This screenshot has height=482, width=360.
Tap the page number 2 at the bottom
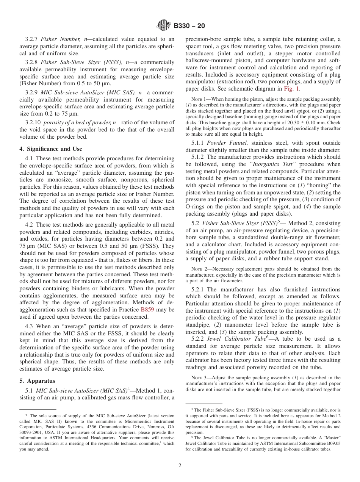click(x=180, y=466)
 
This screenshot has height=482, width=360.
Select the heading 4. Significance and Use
click(x=50, y=149)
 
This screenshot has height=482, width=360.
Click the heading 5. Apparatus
click(x=37, y=381)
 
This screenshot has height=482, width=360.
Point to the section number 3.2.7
click(x=32, y=39)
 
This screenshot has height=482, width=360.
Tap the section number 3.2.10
click(x=33, y=122)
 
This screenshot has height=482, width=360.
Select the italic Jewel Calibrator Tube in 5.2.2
click(x=236, y=339)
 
